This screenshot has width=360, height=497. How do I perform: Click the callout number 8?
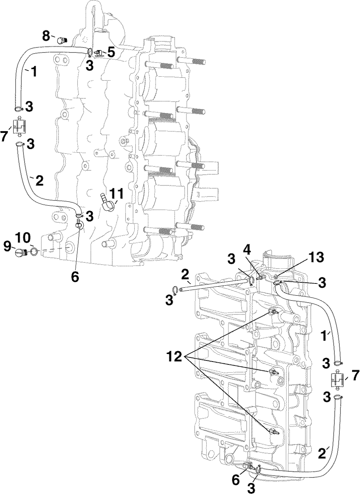pos(46,36)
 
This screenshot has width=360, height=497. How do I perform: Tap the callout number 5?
pos(111,53)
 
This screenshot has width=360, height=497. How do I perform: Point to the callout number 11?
pos(117,194)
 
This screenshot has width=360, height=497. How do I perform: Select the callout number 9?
pos(8,246)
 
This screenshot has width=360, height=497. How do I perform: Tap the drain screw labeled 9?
pos(21,252)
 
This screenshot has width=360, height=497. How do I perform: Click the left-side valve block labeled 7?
pos(19,127)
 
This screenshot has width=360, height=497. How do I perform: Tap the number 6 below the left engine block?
pos(75,277)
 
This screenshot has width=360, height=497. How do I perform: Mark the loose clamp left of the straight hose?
pos(175,291)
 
